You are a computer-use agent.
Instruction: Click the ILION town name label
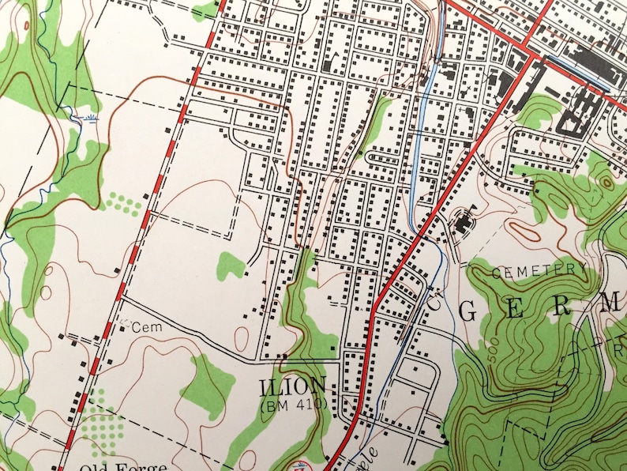(x=292, y=387)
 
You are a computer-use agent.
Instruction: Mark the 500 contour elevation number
(x=492, y=354)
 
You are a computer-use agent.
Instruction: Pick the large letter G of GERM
(x=467, y=312)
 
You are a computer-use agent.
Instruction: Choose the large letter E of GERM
(x=515, y=311)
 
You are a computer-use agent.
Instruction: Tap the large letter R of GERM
(x=562, y=307)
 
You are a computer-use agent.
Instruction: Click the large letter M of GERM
(x=612, y=303)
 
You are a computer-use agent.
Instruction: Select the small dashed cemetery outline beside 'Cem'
(x=123, y=322)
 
